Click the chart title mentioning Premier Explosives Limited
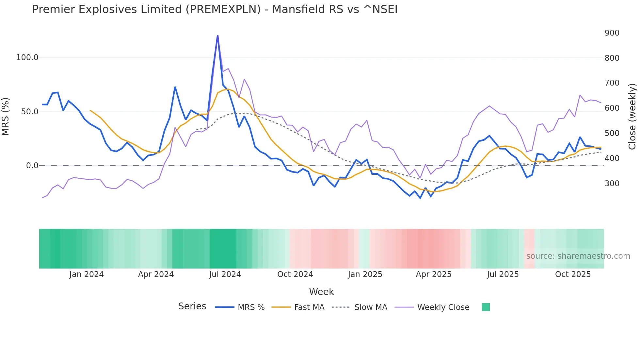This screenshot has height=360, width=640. pyautogui.click(x=215, y=9)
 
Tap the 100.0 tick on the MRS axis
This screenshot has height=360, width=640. pyautogui.click(x=27, y=57)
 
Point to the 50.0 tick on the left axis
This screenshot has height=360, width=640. pyautogui.click(x=29, y=112)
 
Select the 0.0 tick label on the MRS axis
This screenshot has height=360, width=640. pyautogui.click(x=32, y=166)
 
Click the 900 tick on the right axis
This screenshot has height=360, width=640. pyautogui.click(x=612, y=33)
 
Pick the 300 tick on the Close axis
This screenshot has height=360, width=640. pyautogui.click(x=612, y=184)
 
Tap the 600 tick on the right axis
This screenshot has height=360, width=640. pyautogui.click(x=612, y=108)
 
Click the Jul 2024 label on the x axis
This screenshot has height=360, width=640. pyautogui.click(x=225, y=274)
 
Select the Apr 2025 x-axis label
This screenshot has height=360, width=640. pyautogui.click(x=433, y=274)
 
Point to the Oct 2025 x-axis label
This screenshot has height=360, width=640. pyautogui.click(x=573, y=274)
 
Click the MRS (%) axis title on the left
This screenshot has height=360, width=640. pyautogui.click(x=6, y=116)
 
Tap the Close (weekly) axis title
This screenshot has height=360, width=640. pyautogui.click(x=632, y=117)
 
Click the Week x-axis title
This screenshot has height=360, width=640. pyautogui.click(x=321, y=292)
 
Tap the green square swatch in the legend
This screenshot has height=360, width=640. pyautogui.click(x=486, y=307)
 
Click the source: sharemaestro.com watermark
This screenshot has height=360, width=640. pyautogui.click(x=578, y=256)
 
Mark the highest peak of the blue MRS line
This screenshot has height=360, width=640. pyautogui.click(x=217, y=36)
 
